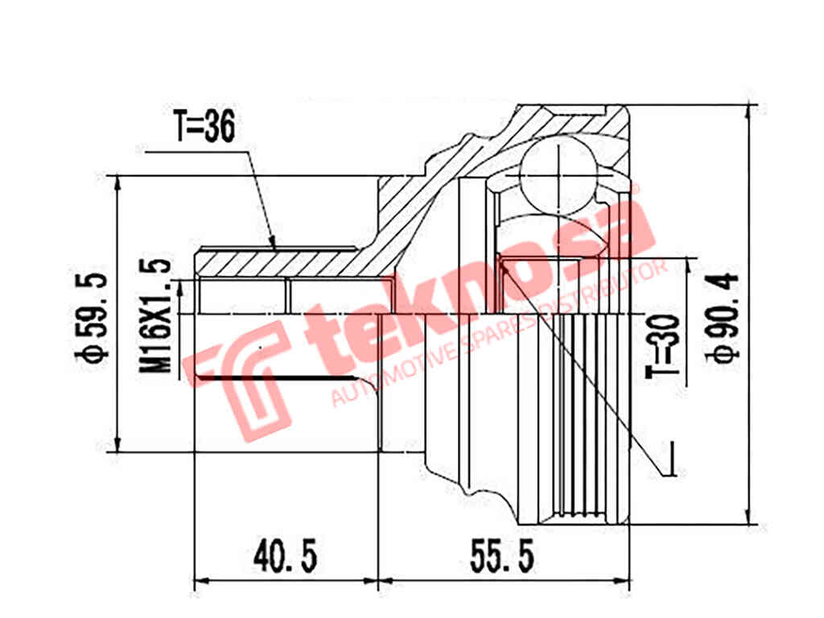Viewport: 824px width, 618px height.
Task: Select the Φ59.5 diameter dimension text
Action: click(x=92, y=317)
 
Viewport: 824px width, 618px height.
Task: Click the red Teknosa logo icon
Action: click(x=237, y=378)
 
